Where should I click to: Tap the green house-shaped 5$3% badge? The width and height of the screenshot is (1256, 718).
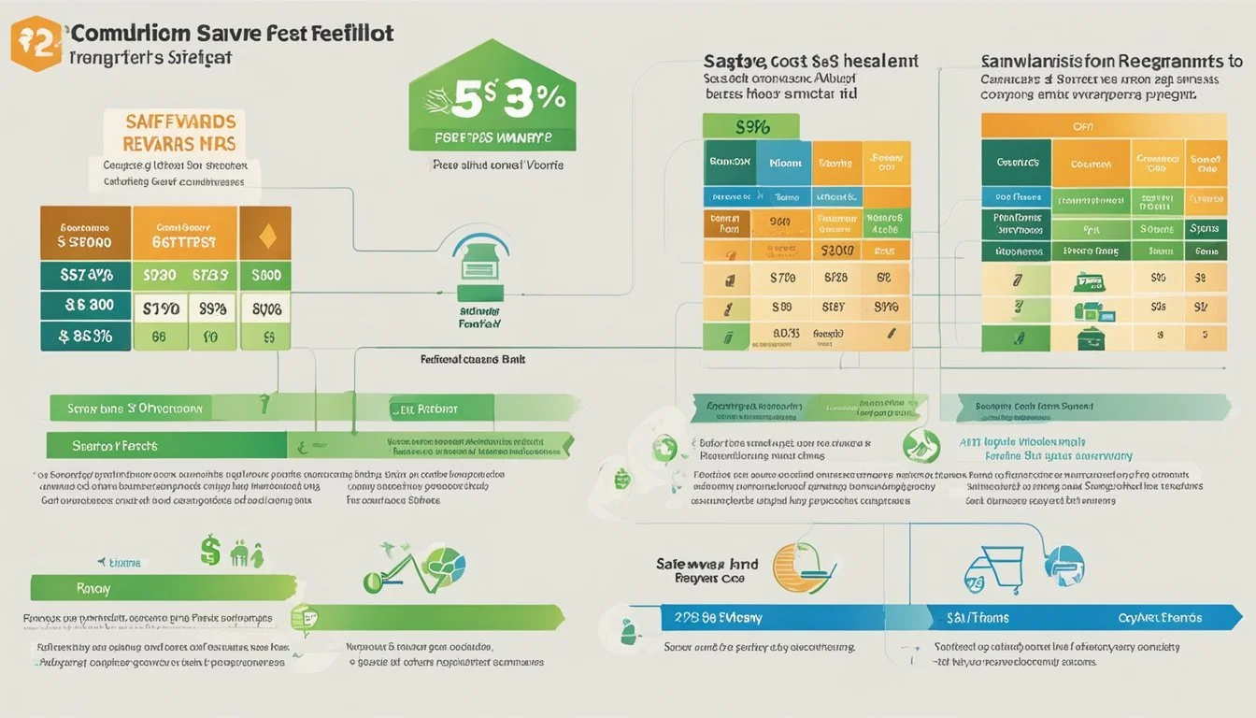point(492,103)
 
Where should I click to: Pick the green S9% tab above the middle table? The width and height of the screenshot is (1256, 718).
point(749,126)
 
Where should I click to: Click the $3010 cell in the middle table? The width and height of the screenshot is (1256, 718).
point(837,251)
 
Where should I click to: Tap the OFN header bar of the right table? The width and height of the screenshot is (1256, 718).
point(1103,125)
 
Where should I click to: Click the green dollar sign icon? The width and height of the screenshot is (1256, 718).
point(211,552)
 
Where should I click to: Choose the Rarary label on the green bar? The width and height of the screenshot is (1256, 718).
point(94,588)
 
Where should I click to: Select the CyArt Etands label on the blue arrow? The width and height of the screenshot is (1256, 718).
point(1159,617)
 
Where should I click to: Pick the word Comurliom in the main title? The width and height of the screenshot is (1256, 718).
point(131,34)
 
